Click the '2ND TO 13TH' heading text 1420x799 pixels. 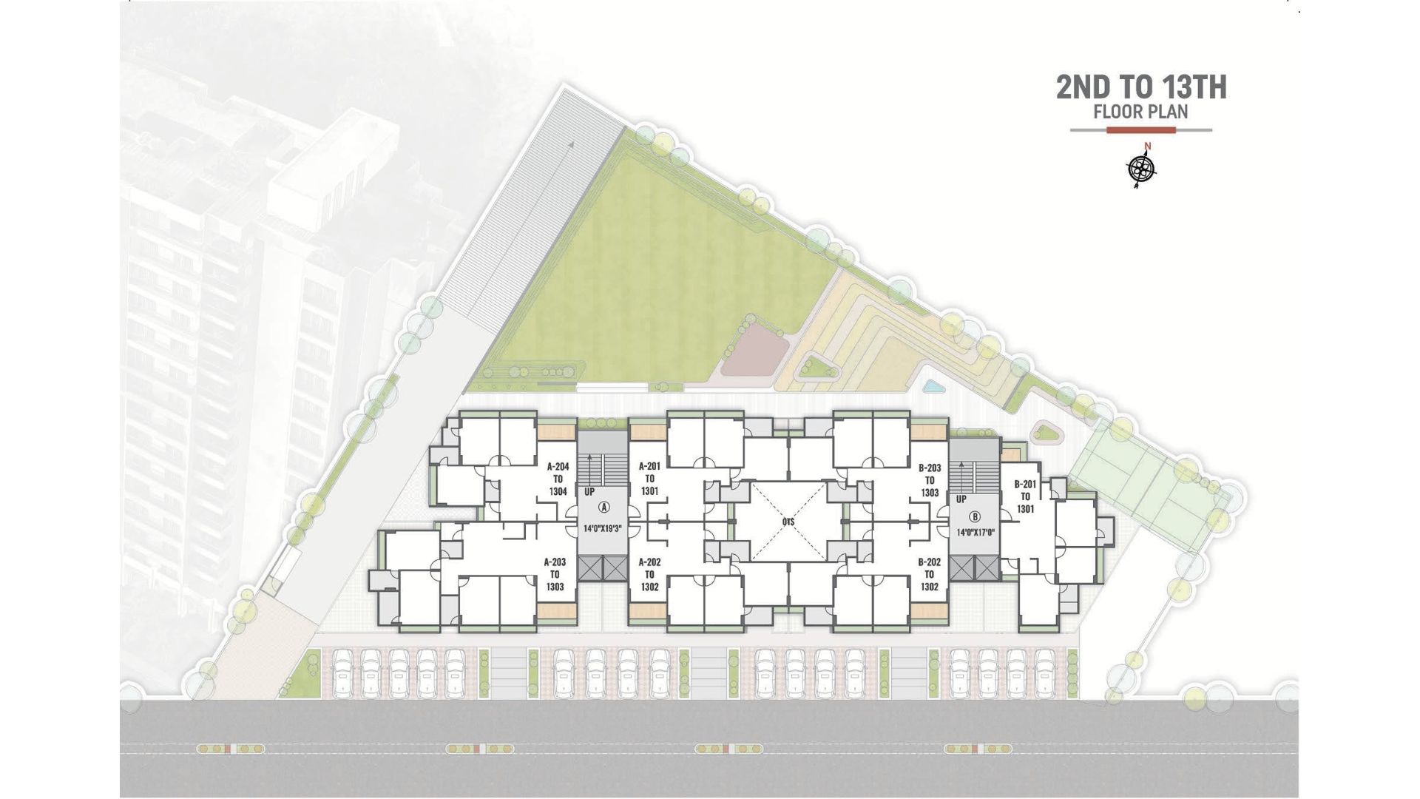point(1141,87)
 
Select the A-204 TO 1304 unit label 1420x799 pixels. point(558,479)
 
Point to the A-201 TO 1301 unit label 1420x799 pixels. point(649,479)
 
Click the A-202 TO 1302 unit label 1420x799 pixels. point(649,574)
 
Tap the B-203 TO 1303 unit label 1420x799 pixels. point(930,480)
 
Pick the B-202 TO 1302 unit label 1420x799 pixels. point(930,574)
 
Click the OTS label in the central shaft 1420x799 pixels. point(788,522)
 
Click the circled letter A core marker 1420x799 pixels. point(603,507)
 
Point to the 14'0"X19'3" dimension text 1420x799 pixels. point(604,529)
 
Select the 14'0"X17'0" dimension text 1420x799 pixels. point(975,532)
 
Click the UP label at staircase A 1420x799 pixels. point(589,492)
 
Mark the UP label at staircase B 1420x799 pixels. point(961,499)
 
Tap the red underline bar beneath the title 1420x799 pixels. point(1141,130)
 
